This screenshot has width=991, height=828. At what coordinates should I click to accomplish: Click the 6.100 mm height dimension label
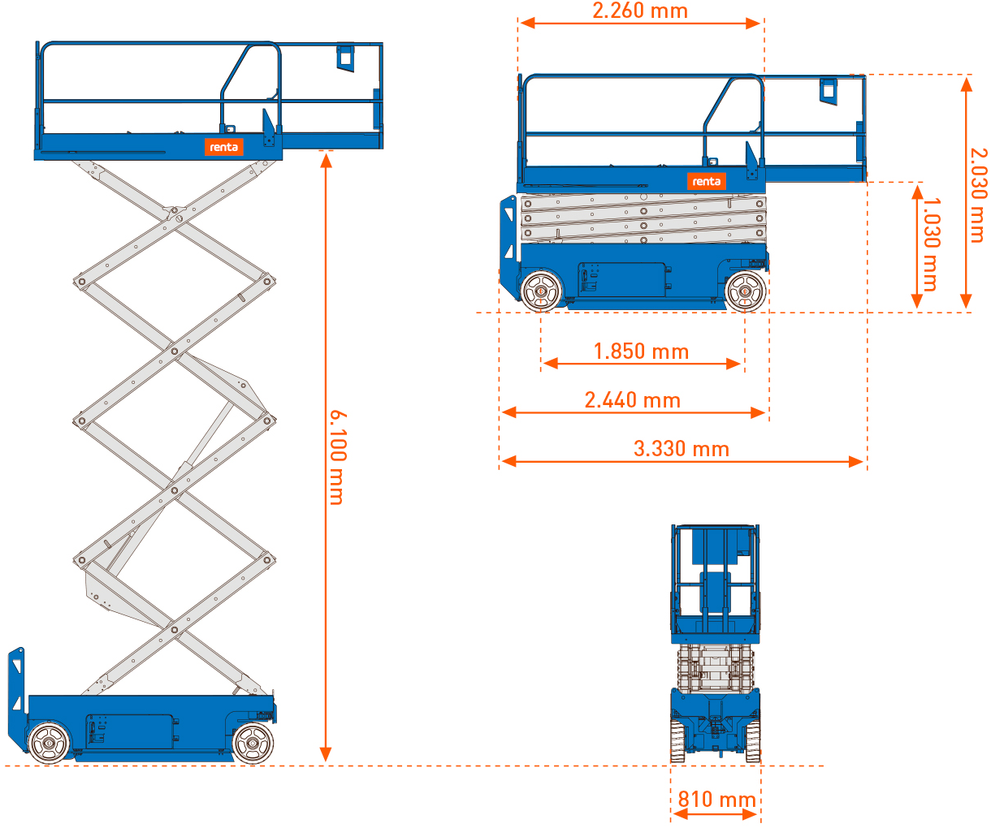(x=338, y=457)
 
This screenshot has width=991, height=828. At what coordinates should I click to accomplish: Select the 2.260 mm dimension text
(x=640, y=11)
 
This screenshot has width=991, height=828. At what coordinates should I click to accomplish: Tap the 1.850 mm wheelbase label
(x=641, y=351)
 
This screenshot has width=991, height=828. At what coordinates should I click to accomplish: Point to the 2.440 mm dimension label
(x=632, y=400)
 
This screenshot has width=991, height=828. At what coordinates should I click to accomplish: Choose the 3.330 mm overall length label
(x=681, y=449)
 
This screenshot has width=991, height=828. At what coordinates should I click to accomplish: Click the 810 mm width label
(x=716, y=799)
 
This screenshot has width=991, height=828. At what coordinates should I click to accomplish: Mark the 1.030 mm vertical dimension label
(x=931, y=244)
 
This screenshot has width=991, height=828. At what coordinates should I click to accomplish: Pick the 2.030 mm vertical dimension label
(x=978, y=196)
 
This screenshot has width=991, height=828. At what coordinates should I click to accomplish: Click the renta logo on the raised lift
(x=223, y=147)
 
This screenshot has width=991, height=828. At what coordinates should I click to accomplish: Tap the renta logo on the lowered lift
(x=706, y=181)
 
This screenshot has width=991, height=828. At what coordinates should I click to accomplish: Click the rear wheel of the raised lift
(x=49, y=743)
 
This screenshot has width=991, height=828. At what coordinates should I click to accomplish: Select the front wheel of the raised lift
(x=253, y=743)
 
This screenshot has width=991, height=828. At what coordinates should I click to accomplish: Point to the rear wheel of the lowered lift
(x=541, y=291)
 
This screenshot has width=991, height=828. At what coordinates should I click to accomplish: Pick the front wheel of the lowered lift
(x=745, y=291)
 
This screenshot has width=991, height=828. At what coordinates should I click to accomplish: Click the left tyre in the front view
(x=677, y=741)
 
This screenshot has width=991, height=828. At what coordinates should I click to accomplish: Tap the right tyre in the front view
(x=753, y=741)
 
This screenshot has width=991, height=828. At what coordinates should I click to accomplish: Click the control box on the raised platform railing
(x=345, y=58)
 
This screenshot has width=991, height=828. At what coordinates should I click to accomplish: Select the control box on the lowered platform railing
(x=829, y=92)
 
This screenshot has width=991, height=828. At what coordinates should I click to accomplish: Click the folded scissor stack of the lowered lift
(x=643, y=218)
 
